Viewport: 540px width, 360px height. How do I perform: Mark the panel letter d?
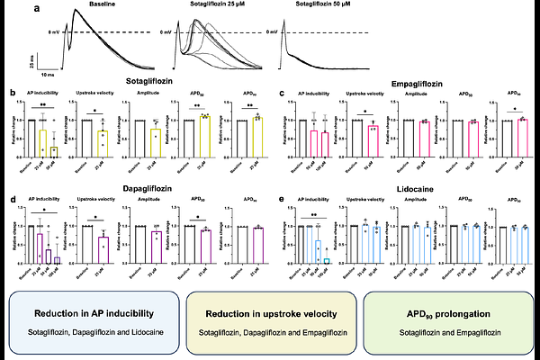point(11,192)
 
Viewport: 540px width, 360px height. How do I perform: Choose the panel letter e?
point(282,192)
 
